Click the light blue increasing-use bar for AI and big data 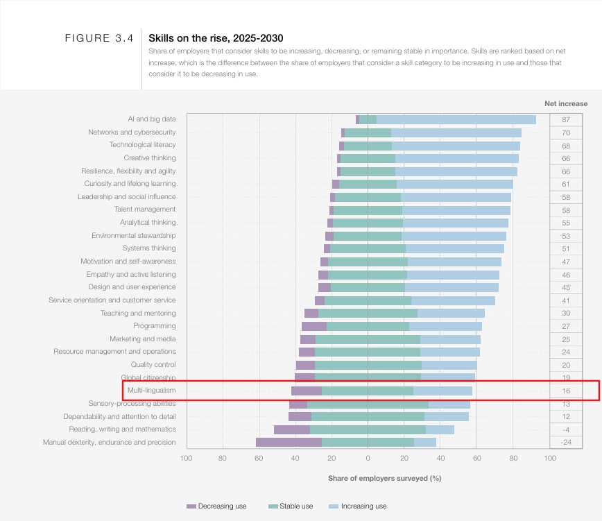(x=456, y=119)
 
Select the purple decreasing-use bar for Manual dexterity (x=289, y=442)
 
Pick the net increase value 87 (x=566, y=119)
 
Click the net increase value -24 (x=566, y=442)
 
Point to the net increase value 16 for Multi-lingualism (x=566, y=391)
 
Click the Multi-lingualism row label (x=147, y=391)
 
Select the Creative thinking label (x=150, y=158)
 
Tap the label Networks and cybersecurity (x=132, y=133)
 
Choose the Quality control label (x=153, y=365)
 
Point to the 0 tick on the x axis (x=368, y=458)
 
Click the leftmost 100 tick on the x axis (x=186, y=458)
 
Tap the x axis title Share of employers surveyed (x=384, y=478)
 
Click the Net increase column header (x=566, y=103)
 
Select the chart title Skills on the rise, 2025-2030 (x=216, y=38)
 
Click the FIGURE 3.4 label (x=98, y=38)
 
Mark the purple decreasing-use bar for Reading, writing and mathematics (x=292, y=429)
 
